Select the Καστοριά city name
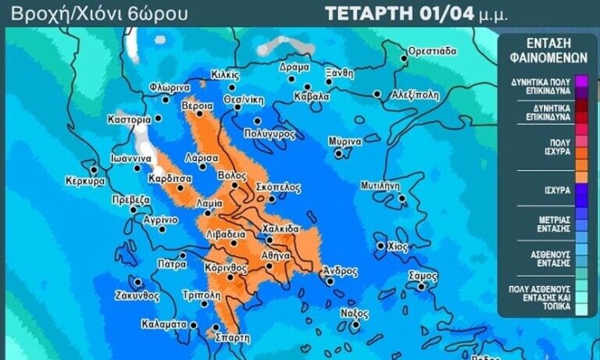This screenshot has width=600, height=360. tap(129, 120)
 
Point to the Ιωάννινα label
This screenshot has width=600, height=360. tap(130, 158)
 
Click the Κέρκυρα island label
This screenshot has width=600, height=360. tap(85, 180)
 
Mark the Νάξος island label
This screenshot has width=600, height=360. tap(353, 312)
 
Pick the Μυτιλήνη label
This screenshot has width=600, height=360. tap(380, 186)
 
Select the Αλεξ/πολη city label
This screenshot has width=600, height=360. tap(416, 94)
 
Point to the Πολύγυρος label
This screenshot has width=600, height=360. tap(270, 134)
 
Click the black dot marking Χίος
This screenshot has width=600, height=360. tap(380, 245)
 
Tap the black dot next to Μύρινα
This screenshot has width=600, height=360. tap(338, 153)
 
